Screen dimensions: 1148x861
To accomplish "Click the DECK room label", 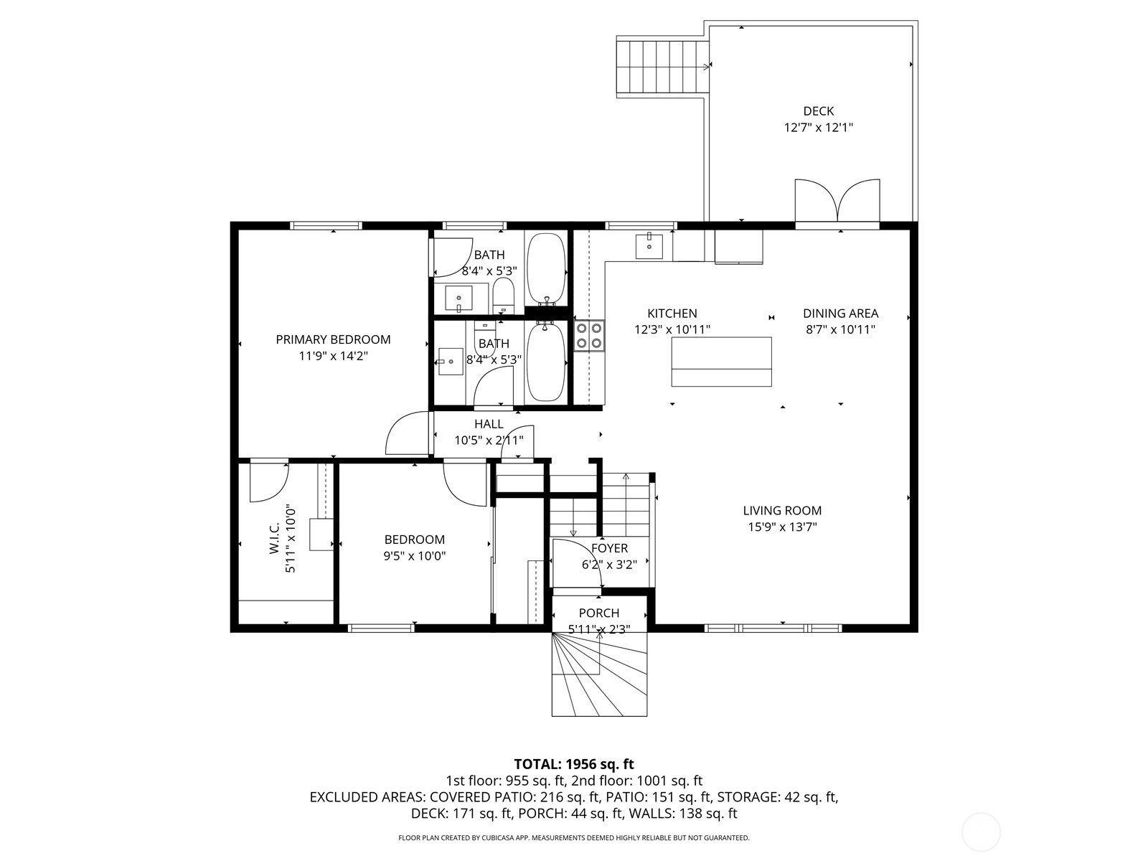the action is coord(818,110).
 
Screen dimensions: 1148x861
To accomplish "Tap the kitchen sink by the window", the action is coord(649,245).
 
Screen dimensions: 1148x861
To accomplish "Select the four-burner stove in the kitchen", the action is coord(589,336).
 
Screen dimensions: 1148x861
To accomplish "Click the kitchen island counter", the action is coord(721,362).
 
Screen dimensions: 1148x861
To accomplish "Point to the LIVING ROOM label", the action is coord(782,510).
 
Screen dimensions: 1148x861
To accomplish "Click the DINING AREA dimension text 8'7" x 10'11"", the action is coord(840,329).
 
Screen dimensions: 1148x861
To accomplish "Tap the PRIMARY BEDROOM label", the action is coord(333,339).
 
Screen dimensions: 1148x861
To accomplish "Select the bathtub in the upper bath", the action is coord(545,269).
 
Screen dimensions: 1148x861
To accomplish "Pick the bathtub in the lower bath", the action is coord(545,361).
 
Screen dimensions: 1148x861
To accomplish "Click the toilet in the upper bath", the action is coord(504,296).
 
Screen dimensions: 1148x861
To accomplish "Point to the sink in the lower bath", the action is coord(451,361).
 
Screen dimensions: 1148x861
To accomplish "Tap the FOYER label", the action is coord(609,548).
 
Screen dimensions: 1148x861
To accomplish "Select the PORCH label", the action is coord(599,613).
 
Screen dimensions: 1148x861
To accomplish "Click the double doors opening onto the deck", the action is coord(837,201).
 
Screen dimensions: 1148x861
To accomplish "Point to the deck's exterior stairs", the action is coord(663,67).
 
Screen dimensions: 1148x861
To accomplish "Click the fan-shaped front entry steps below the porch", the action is coord(599,674).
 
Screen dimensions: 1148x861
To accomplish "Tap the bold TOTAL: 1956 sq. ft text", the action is coord(574,764).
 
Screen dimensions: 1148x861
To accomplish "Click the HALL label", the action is coord(489,424).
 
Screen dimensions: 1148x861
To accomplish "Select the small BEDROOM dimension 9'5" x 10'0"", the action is coord(414,555).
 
